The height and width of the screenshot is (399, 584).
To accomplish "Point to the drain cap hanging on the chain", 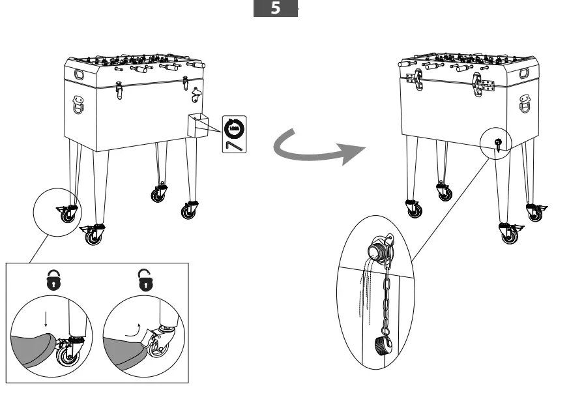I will coord(382,346).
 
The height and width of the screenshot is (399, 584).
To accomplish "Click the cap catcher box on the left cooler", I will coord(197,125).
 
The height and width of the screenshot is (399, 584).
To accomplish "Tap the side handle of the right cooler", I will coord(525,103).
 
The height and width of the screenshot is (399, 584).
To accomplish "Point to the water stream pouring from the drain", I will coord(365,287).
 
